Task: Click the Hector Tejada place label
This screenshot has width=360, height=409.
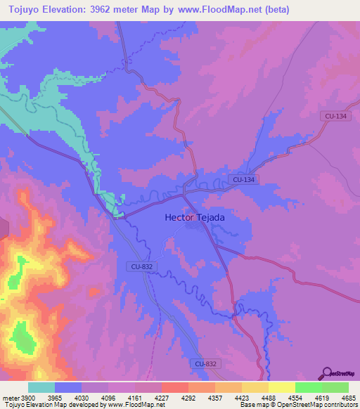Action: pos(195,218)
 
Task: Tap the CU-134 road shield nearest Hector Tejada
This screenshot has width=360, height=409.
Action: pos(243,180)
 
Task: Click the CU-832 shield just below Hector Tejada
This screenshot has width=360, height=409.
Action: pos(141,266)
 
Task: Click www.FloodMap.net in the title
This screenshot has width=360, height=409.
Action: pos(221,10)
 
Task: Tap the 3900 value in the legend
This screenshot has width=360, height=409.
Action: pos(28,397)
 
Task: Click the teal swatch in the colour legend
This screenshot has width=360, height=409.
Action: pos(41,387)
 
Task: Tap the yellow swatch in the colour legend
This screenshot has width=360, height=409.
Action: pos(281,387)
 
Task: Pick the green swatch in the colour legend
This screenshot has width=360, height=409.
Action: pos(335,387)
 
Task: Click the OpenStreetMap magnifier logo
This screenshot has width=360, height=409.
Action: pos(326,372)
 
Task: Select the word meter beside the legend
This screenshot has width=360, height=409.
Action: pos(9,397)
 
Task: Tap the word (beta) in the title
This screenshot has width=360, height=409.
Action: pos(274,10)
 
